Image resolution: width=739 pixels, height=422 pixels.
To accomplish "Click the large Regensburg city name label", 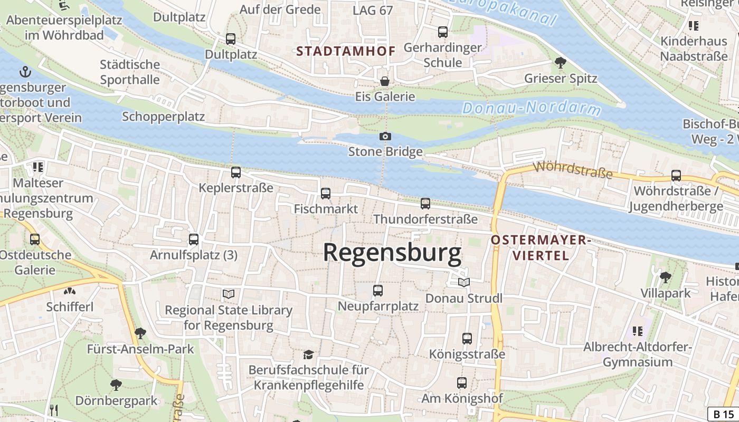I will point(392,253).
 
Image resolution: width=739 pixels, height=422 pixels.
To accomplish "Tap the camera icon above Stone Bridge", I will point(385,137).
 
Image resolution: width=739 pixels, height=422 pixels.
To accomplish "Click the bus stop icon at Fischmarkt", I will point(326,194).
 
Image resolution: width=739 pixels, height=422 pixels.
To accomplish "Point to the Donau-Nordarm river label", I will point(531,108).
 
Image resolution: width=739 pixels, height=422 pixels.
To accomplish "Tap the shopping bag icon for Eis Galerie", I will point(385,81).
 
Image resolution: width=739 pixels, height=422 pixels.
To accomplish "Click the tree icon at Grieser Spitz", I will point(561,63).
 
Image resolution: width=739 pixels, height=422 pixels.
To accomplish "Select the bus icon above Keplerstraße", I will point(236,172).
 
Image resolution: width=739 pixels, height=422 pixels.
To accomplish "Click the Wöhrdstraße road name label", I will point(573,170).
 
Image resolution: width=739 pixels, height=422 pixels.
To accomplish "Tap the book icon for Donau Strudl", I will point(463,283).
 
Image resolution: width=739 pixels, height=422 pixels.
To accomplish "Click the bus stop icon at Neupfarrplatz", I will point(378,291).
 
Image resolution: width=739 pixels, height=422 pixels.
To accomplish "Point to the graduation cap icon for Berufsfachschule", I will point(308,354).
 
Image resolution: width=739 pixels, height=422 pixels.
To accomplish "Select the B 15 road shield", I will point(723,414).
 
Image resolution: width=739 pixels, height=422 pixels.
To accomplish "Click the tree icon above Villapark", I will point(666,277).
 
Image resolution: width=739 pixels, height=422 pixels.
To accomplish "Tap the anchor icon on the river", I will point(25,72).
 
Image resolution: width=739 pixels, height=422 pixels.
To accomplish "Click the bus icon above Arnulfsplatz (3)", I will point(194,239).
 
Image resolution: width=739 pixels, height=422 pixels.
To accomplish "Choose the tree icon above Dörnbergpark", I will point(116,385).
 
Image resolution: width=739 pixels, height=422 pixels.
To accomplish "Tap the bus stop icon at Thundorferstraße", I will point(425,204).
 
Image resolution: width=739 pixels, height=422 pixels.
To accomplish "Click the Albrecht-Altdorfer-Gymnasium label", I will point(637,354).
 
